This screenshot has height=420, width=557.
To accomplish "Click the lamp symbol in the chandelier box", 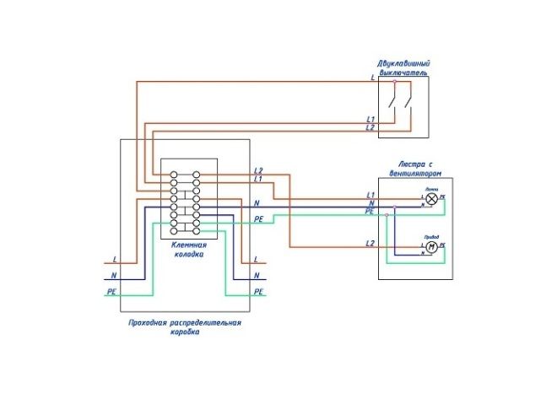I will (431, 200).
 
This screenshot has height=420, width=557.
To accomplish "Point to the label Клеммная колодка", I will (189, 249).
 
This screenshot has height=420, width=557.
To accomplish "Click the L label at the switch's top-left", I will (372, 78).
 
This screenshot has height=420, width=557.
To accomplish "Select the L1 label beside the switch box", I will (370, 120).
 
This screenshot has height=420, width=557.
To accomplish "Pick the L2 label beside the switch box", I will (370, 128).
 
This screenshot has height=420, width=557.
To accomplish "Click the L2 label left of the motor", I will (370, 244).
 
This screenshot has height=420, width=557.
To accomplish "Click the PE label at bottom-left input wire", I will (111, 291).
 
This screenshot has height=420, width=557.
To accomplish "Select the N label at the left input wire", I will (112, 276).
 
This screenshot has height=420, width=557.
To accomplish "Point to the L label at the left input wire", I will (113, 260).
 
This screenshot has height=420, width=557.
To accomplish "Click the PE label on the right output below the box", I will (258, 291).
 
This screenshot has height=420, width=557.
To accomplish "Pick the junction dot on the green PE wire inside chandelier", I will (386, 214).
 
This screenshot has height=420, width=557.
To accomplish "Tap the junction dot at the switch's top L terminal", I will (394, 81).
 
